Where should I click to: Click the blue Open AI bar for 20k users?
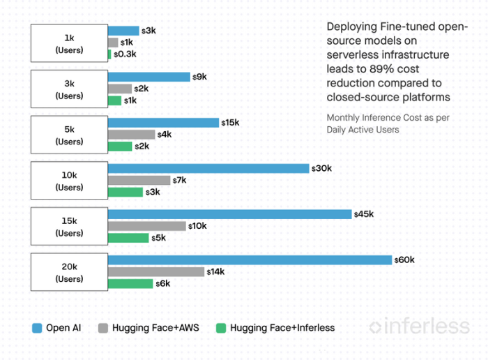[x=250, y=260]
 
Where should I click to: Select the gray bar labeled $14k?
[x=156, y=272]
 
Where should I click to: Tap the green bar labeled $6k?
[x=130, y=283]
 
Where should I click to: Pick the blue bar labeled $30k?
[x=208, y=168]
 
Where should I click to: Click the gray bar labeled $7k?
[x=139, y=180]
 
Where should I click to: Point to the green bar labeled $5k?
[x=128, y=238]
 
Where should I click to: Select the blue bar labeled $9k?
[x=148, y=77]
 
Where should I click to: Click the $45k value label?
[x=364, y=214]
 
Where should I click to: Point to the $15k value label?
[x=230, y=123]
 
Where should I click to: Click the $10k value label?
[x=199, y=226]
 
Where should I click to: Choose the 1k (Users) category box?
[x=69, y=43]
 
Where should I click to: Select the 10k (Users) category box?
[x=69, y=181]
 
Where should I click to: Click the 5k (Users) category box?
[x=69, y=135]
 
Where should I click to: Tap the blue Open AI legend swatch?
[x=38, y=327]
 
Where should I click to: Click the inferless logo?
[x=419, y=326]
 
